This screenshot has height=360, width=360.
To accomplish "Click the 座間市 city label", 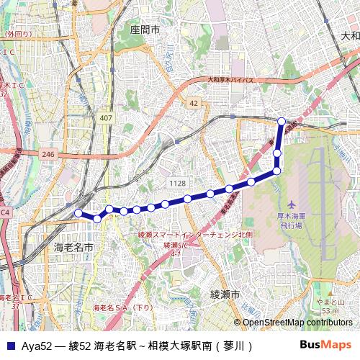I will (x=145, y=31).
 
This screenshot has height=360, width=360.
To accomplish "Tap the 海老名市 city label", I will (x=74, y=247).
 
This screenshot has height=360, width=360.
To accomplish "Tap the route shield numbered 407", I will (x=107, y=117).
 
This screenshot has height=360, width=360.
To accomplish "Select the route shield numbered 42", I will (x=194, y=104).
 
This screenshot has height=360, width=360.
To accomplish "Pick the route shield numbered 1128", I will (x=177, y=184).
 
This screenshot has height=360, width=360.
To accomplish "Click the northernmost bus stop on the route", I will (x=282, y=121).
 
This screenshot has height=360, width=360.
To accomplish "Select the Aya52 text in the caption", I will (x=35, y=346).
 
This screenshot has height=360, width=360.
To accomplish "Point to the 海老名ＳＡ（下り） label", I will (x=124, y=307).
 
